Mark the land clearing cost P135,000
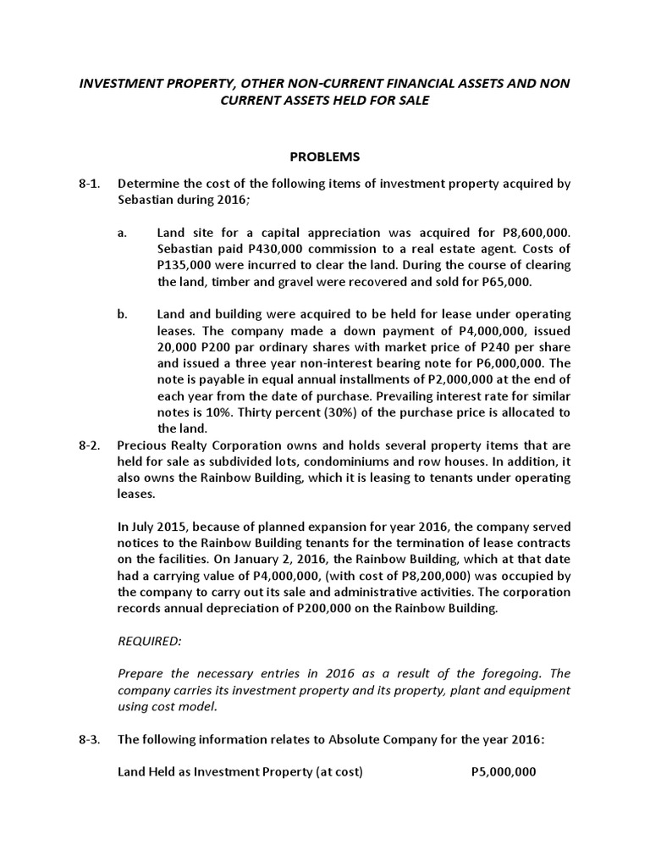click(185, 264)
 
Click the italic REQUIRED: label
click(150, 641)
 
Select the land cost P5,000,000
click(503, 772)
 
